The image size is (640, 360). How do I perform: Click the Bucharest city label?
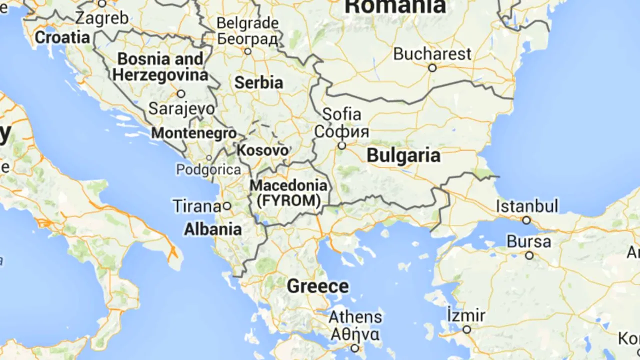[432, 54]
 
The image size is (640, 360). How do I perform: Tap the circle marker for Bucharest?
[432, 67]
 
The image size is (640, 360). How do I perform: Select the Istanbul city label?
[527, 206]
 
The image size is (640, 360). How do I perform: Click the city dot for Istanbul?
[526, 220]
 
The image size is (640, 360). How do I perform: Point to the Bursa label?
[529, 242]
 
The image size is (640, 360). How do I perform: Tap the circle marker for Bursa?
[529, 255]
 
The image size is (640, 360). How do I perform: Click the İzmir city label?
[466, 315]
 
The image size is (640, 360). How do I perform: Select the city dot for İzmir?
[466, 329]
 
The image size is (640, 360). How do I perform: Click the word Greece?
[318, 286]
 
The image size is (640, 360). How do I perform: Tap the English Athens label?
[355, 316]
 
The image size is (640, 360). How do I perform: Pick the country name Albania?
[213, 229]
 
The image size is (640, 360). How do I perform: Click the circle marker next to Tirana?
[227, 205]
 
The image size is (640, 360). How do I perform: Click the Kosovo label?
[263, 150]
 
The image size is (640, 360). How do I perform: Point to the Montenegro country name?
[194, 133]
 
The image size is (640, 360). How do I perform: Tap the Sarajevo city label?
[182, 108]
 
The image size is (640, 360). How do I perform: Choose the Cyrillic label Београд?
[247, 38]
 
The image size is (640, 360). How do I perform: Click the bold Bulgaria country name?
[403, 155]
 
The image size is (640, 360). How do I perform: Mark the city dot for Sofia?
[342, 145]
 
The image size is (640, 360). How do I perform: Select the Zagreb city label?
[102, 18]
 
